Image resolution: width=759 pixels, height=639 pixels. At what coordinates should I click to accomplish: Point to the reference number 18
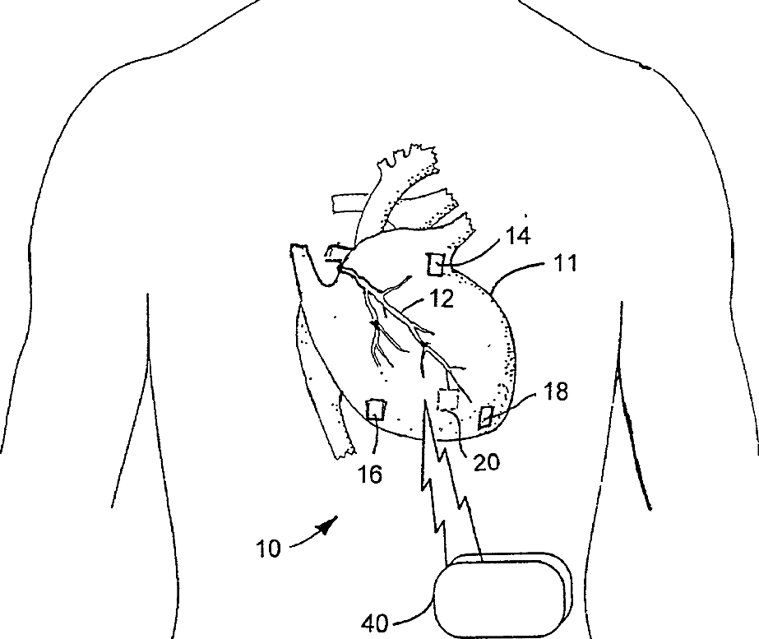[556, 391]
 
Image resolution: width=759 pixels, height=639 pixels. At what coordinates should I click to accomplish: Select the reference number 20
[487, 462]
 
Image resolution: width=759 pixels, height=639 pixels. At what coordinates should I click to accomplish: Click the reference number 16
[371, 475]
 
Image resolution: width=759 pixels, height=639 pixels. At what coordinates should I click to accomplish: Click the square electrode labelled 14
[435, 265]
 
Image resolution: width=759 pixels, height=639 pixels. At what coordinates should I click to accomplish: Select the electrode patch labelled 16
[377, 409]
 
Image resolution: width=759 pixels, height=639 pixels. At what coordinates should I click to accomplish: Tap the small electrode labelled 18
[486, 417]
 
